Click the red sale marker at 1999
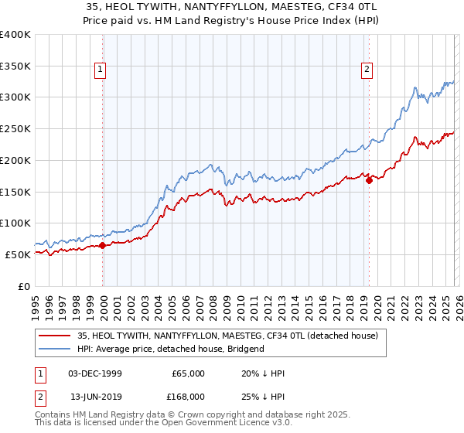(x=103, y=245)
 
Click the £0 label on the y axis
(x=25, y=286)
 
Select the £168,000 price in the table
(x=188, y=396)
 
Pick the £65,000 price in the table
(x=188, y=373)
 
